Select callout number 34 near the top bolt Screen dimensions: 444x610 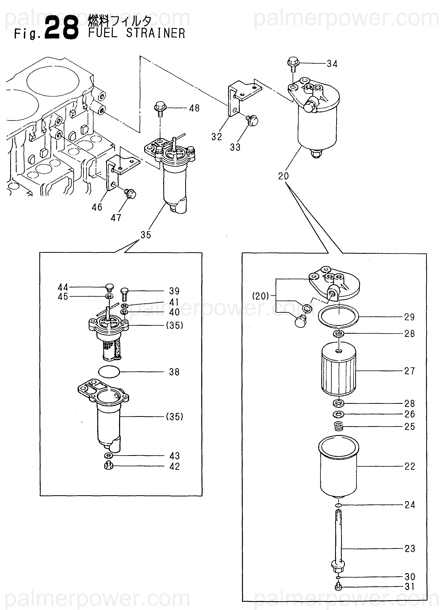(x=332, y=64)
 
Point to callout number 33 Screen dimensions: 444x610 (x=235, y=147)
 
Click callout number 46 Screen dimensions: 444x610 (x=97, y=207)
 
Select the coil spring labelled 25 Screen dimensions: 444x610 (x=339, y=426)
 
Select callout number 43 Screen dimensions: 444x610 (x=174, y=456)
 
